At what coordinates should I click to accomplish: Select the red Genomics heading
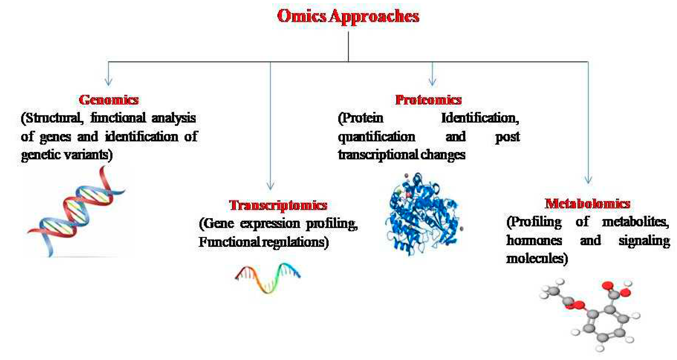point(109,100)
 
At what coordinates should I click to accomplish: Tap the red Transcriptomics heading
point(278,205)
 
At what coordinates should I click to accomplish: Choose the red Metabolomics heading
point(587,204)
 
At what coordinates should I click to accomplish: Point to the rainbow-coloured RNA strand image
point(268,278)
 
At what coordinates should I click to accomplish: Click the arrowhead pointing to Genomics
point(109,82)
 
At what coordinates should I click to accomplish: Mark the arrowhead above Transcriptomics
point(270,185)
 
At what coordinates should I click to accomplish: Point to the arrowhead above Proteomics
point(432,82)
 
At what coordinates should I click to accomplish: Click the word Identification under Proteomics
point(480,118)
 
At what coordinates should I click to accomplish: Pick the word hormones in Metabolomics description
point(534,240)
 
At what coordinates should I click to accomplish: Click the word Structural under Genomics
point(52,118)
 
